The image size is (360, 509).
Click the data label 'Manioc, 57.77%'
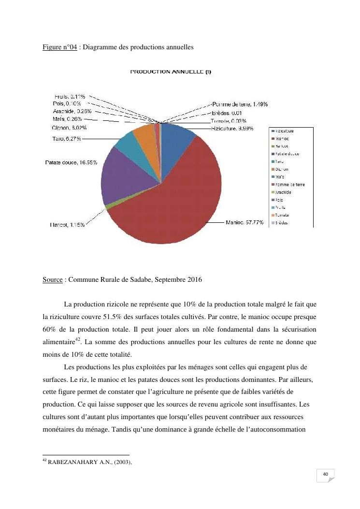(245, 223)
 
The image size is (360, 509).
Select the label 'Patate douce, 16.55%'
(71, 162)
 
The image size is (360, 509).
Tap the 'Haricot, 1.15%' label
(67, 224)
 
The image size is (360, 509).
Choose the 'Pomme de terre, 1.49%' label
(240, 104)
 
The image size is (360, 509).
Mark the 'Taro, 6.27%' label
(67, 139)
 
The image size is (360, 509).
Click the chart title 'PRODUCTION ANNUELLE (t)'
(171, 72)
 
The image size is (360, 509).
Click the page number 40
(326, 475)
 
